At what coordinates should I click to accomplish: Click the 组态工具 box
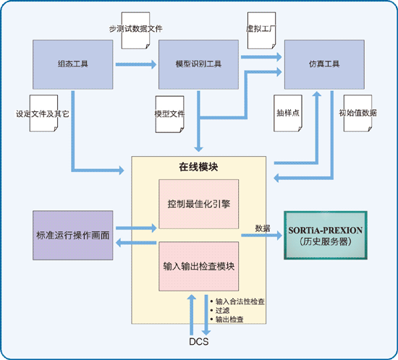click(73, 64)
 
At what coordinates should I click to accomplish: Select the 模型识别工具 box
click(198, 64)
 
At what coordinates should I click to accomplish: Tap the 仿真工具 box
click(324, 64)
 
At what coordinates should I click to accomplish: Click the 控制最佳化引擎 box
click(199, 204)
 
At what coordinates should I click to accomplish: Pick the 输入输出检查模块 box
click(199, 266)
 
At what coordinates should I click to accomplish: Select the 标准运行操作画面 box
click(73, 235)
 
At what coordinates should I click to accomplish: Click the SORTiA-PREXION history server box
click(326, 235)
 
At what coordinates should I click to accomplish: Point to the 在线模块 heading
click(198, 167)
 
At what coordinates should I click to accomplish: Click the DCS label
click(199, 342)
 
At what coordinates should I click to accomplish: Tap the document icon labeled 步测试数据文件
click(135, 30)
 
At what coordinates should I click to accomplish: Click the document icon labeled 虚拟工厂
click(261, 30)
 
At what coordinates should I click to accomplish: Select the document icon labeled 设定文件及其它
click(43, 113)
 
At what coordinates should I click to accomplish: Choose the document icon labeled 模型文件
click(169, 114)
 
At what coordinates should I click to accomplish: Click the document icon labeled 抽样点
click(288, 113)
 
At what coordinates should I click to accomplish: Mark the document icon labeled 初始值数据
click(358, 113)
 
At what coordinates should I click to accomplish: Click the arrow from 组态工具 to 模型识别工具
click(136, 64)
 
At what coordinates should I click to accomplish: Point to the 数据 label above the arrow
click(263, 228)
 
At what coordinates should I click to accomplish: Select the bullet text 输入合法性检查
click(240, 301)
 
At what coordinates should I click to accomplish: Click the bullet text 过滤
click(223, 310)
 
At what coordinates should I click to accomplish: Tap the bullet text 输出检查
click(229, 320)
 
